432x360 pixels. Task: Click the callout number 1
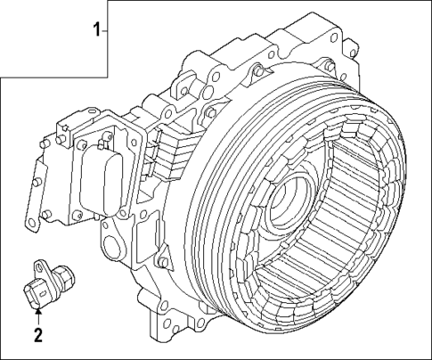coord(97,31)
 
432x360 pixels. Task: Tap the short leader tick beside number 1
coord(106,31)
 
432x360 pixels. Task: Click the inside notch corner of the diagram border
coord(109,77)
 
